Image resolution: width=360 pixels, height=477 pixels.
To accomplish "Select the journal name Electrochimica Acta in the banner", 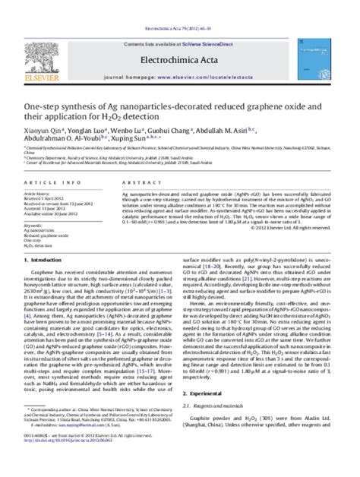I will (180, 37).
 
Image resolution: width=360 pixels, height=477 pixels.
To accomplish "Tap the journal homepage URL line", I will (180, 58).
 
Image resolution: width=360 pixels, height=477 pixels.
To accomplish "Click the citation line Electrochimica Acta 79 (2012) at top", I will (180, 4).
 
